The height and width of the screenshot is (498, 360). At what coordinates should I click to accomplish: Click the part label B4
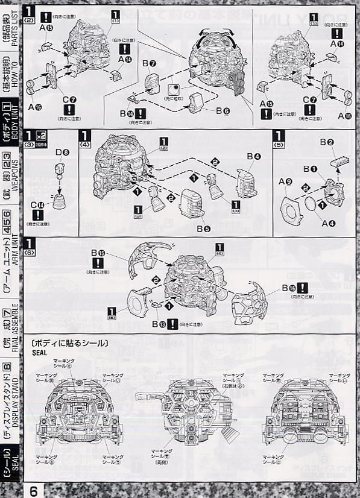[254, 157]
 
